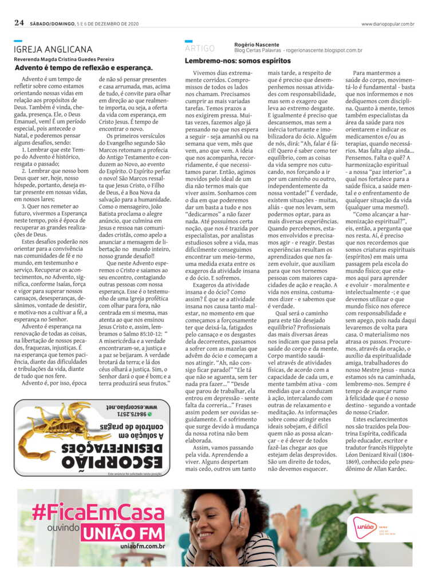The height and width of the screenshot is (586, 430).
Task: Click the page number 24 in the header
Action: [x=19, y=23]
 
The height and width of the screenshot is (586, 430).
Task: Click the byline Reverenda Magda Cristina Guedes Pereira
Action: [x=65, y=60]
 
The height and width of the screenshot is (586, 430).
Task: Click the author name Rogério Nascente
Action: [x=256, y=45]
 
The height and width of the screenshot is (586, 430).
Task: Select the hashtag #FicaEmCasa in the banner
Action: [x=98, y=511]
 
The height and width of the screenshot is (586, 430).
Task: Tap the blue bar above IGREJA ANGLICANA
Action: [x=18, y=41]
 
